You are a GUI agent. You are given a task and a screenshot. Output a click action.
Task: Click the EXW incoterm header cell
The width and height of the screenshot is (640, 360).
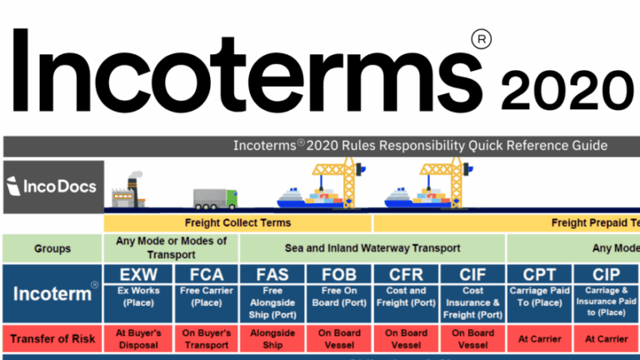click(x=137, y=275)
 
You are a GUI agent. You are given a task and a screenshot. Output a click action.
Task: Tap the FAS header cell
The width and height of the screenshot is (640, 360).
click(x=272, y=275)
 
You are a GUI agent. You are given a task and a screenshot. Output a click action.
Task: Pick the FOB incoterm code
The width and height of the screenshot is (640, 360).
click(x=338, y=275)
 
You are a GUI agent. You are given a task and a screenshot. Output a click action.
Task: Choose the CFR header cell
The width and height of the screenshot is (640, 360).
click(x=406, y=275)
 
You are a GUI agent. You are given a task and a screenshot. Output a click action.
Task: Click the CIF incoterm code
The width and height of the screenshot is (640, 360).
click(x=472, y=275)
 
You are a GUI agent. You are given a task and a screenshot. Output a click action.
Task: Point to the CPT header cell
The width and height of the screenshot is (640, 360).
click(x=539, y=275)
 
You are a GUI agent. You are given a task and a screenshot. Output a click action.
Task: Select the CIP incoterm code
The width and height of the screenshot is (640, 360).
click(x=606, y=275)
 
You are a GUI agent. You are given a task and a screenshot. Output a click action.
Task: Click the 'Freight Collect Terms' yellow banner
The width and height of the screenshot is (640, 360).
click(x=237, y=223)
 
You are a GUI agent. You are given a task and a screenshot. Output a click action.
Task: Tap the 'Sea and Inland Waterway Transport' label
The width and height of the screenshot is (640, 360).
click(x=372, y=247)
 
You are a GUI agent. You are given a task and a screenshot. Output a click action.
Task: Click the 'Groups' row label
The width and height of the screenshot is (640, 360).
click(x=52, y=247)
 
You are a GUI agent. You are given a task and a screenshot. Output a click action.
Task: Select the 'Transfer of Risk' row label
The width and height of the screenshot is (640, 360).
click(x=52, y=338)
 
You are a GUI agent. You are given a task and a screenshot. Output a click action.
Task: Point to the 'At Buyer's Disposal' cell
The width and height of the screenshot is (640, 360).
click(x=137, y=338)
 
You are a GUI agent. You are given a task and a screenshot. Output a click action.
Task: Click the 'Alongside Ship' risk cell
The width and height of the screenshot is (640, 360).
click(x=272, y=338)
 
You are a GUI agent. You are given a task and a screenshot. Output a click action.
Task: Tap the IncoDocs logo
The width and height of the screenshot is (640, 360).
click(x=53, y=185)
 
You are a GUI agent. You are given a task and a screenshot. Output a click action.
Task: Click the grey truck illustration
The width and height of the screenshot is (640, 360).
click(x=215, y=197)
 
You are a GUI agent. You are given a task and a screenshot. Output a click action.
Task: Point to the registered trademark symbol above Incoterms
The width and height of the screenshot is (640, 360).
click(x=480, y=38)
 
